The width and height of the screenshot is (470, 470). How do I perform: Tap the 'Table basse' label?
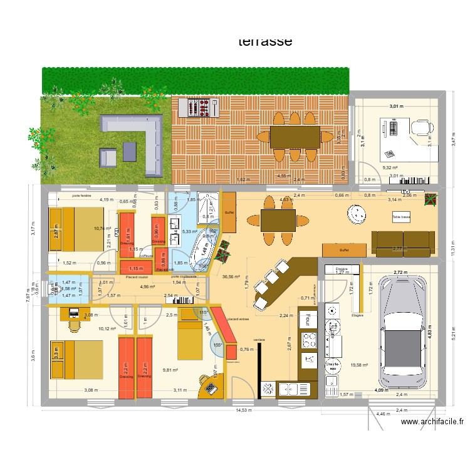click(401, 217)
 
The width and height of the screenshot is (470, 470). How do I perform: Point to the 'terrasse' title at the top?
click(265, 42)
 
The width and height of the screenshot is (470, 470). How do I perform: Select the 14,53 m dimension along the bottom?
click(244, 411)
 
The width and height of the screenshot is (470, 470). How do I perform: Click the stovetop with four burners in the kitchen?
click(310, 340)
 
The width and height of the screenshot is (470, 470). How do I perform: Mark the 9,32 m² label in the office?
click(390, 167)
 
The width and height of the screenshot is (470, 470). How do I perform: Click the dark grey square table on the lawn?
click(130, 151)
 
